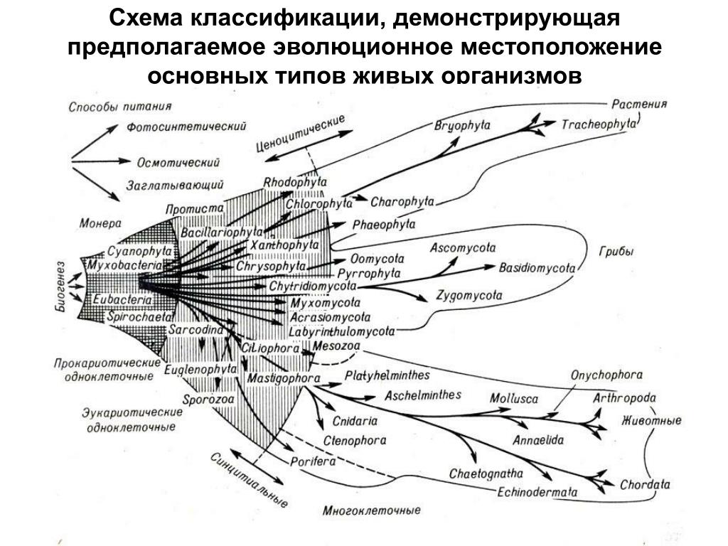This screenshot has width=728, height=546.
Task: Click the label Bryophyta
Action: click(x=462, y=126)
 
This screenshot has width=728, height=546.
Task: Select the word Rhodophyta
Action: click(x=295, y=182)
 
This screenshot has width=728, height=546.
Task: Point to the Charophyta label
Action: click(x=402, y=201)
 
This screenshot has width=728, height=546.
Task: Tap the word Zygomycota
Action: click(x=469, y=295)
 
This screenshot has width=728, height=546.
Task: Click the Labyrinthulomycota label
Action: click(x=342, y=331)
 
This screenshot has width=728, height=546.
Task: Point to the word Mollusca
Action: click(x=513, y=398)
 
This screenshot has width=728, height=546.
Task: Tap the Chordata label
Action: click(x=645, y=485)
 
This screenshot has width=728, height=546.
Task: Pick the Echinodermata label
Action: click(x=537, y=491)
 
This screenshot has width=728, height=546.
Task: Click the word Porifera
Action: click(x=313, y=461)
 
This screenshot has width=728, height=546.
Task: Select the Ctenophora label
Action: click(x=355, y=441)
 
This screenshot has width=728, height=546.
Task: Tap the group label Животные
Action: click(x=651, y=420)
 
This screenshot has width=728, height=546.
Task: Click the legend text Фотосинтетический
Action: click(x=187, y=127)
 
